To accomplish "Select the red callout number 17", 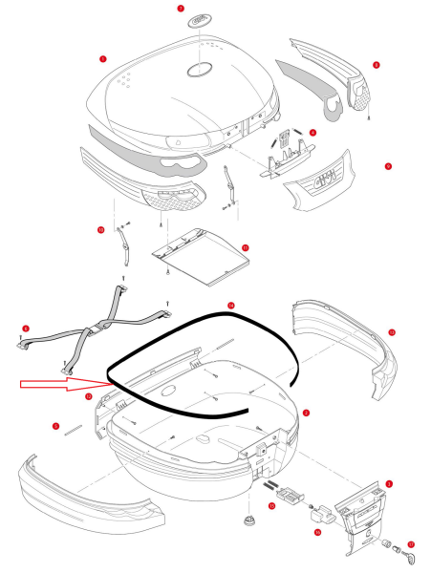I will click(x=411, y=545).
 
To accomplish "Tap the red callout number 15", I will click(x=270, y=505).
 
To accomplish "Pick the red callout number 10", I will click(x=99, y=229).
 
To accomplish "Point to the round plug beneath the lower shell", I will click(x=250, y=521).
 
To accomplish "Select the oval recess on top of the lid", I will click(x=204, y=71).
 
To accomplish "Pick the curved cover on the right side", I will click(x=349, y=344).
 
